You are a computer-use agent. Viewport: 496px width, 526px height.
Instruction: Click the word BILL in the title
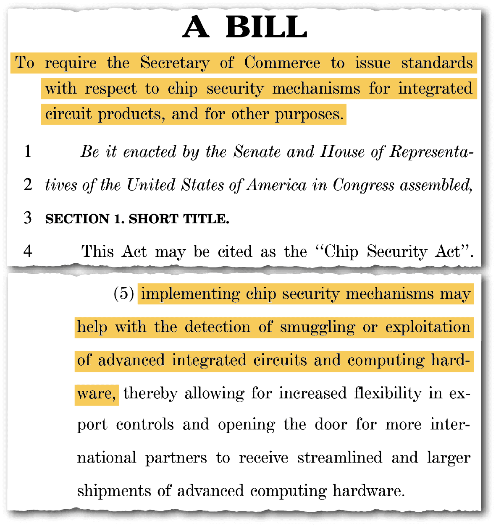(x=266, y=28)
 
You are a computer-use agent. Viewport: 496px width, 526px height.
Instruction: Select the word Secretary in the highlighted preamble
(x=175, y=63)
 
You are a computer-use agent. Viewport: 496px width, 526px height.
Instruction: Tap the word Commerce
(x=282, y=63)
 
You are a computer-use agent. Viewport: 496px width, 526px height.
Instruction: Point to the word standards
(x=437, y=63)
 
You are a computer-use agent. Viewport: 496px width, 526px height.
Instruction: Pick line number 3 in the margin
(x=28, y=218)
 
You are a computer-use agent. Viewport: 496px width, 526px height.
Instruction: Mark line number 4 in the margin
(x=28, y=251)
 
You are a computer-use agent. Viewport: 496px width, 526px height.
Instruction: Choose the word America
(x=277, y=185)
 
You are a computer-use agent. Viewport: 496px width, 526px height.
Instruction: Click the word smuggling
(x=318, y=327)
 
